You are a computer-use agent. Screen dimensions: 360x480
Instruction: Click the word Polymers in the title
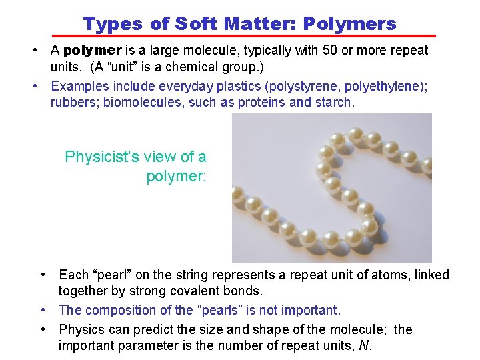(349, 25)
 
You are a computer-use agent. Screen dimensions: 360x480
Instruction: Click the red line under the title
(244, 35)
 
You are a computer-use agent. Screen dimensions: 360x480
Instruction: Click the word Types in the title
(113, 25)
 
